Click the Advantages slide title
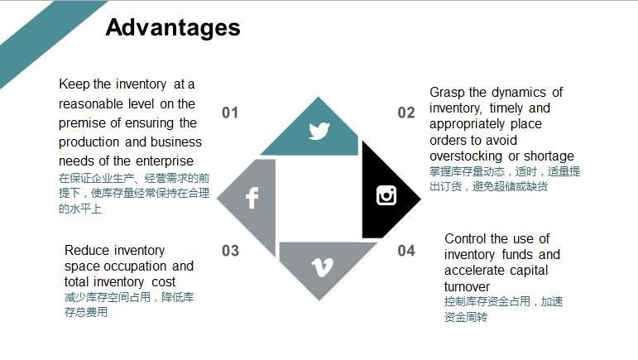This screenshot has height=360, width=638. (x=173, y=28)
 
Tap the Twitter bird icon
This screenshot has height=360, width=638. (x=319, y=131)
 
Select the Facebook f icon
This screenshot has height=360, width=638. (x=252, y=198)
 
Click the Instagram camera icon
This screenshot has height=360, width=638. (x=386, y=195)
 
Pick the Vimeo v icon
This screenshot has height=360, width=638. (x=320, y=266)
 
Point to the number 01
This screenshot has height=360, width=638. (x=230, y=113)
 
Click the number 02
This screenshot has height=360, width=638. (x=406, y=113)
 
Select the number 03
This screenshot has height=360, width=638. (x=230, y=251)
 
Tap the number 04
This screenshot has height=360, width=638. (x=406, y=251)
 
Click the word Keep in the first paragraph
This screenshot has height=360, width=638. (x=74, y=84)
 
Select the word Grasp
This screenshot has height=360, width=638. (x=447, y=93)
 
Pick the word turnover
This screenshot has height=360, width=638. (x=468, y=286)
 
